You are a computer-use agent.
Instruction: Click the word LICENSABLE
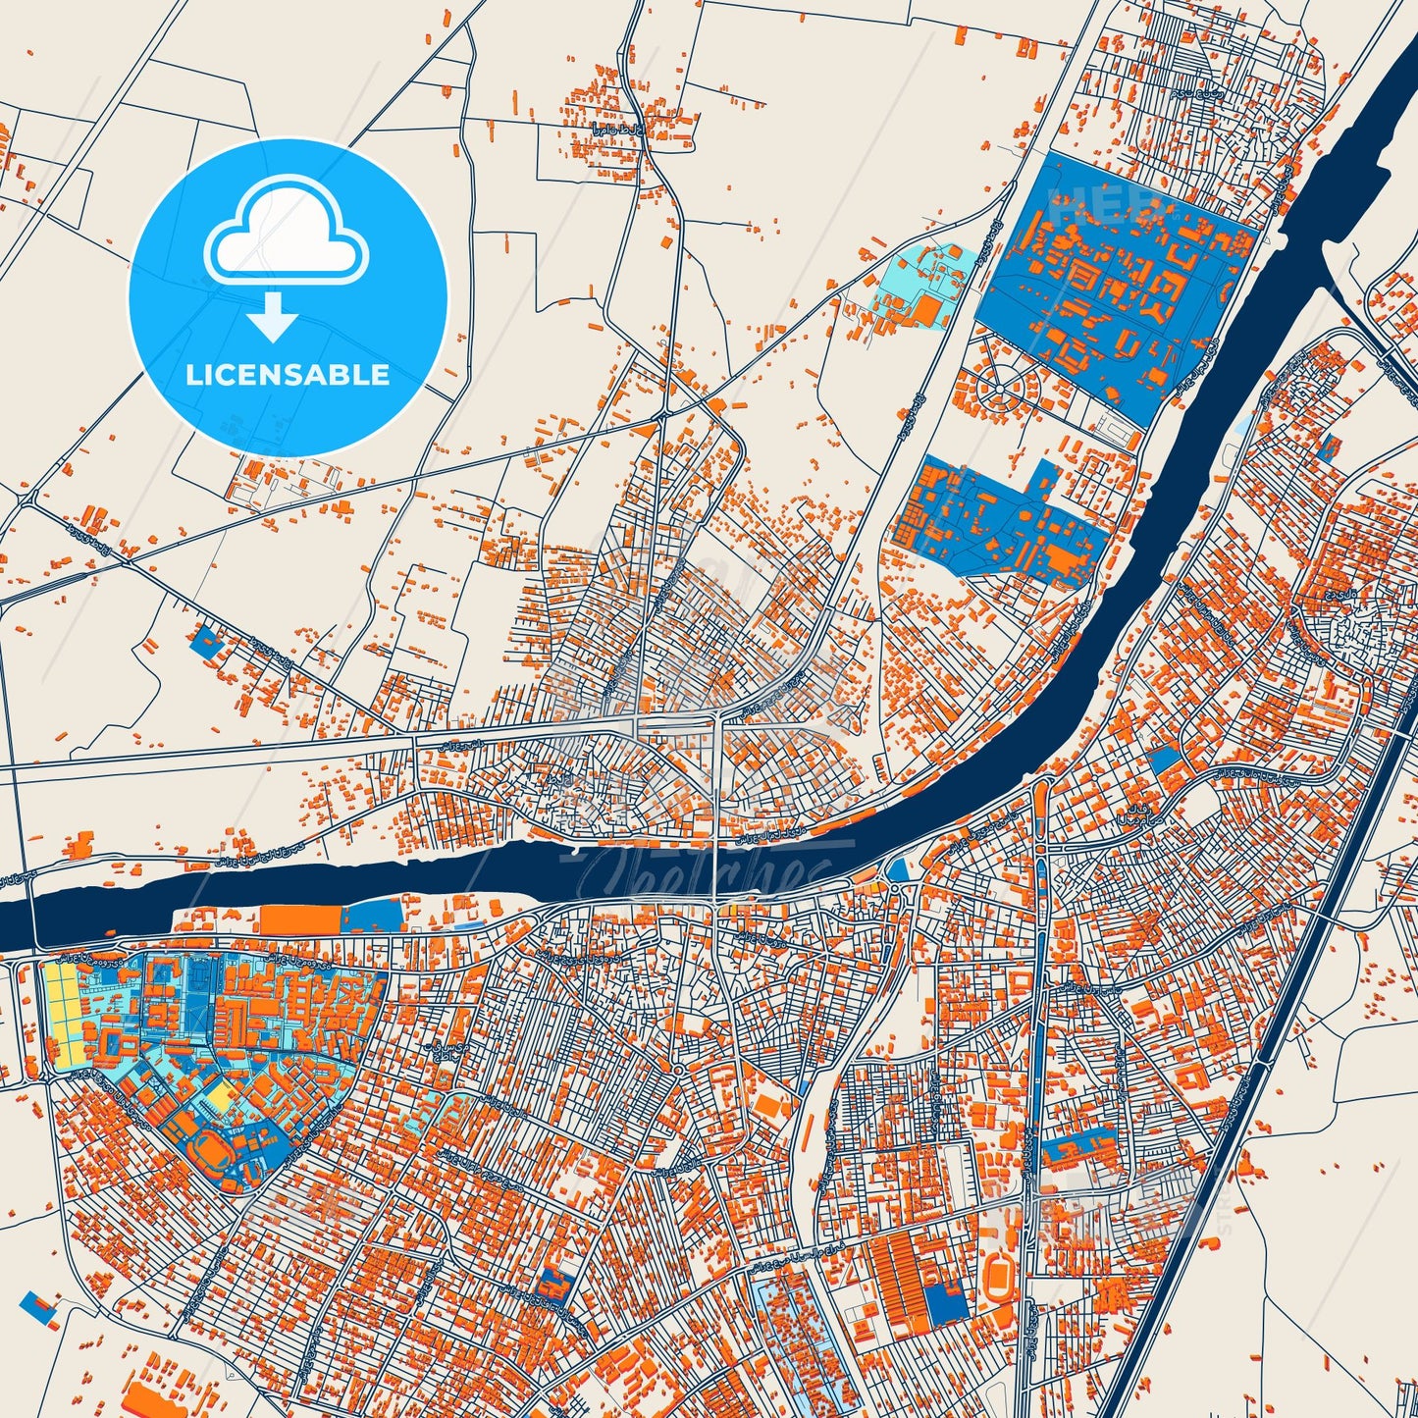click(288, 375)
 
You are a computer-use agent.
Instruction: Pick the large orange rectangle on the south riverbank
click(299, 919)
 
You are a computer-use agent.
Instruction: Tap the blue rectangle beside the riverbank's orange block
click(372, 916)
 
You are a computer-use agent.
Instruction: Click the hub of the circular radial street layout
click(998, 390)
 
